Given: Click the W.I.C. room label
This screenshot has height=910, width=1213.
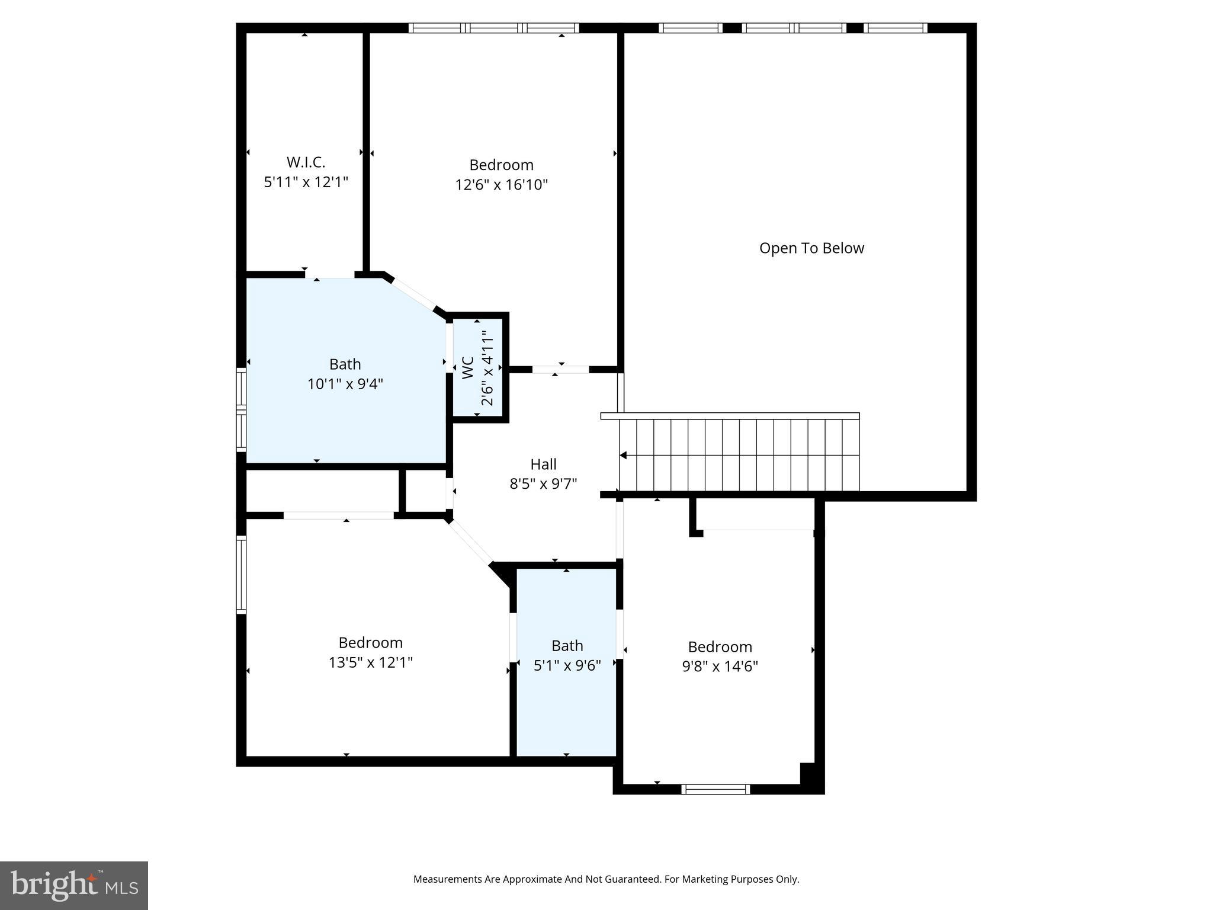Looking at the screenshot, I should (x=306, y=162).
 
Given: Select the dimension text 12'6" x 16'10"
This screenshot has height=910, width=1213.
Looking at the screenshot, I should (x=501, y=185).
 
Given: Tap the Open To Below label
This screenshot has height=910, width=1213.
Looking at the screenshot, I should (x=811, y=248).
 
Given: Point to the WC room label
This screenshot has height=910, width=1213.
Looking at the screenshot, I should (x=468, y=368).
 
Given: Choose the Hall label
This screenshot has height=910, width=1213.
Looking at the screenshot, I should (x=543, y=464).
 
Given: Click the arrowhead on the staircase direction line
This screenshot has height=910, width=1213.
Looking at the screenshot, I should (x=623, y=455).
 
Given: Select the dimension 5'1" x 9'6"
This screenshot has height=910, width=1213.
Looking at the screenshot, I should (x=567, y=666).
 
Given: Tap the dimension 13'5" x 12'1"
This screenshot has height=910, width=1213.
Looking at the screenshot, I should (x=370, y=662).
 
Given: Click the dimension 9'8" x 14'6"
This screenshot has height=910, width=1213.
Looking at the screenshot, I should (x=720, y=667).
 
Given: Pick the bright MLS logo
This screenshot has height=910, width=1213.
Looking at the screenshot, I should (x=74, y=885).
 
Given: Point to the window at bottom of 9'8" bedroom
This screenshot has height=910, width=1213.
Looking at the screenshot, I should (x=715, y=789).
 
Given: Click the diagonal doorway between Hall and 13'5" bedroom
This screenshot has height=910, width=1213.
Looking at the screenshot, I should (x=471, y=541).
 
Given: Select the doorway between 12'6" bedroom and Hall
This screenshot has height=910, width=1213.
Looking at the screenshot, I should (x=560, y=370).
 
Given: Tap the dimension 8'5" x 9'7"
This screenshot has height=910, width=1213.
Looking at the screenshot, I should (x=543, y=484).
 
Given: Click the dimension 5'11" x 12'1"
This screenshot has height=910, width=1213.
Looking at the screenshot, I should (x=306, y=182).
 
